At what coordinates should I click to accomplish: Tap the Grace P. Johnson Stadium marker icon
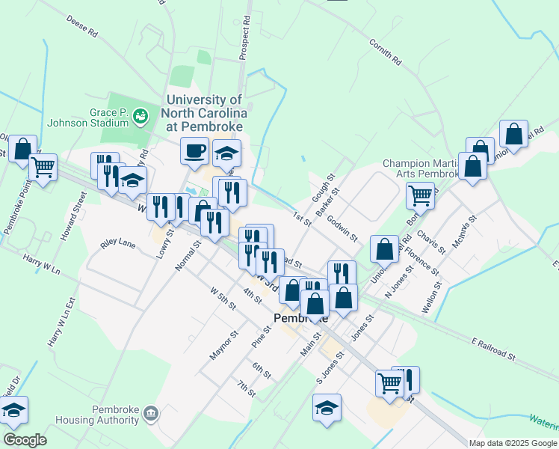(139, 116)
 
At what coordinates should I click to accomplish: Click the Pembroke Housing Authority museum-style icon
(151, 413)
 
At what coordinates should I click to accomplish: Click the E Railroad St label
(493, 349)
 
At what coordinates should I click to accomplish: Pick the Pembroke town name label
(301, 317)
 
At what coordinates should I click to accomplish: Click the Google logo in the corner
(25, 440)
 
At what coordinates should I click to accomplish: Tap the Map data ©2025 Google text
(512, 443)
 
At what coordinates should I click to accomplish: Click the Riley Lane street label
(118, 244)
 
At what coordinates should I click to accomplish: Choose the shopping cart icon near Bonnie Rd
(420, 196)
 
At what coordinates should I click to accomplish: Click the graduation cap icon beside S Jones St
(327, 408)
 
